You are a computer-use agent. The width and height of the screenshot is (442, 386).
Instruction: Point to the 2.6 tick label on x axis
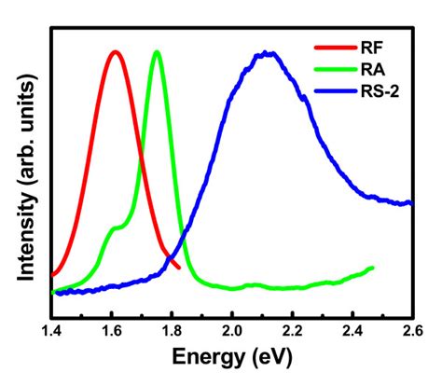click(411, 327)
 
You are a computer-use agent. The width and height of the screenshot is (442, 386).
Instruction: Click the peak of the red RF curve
click(116, 52)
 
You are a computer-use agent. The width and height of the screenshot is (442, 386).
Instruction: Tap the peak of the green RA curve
click(157, 52)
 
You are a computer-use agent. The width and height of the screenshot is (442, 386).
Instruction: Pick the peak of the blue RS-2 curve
click(269, 53)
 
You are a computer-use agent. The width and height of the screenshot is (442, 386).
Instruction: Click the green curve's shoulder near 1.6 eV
click(116, 227)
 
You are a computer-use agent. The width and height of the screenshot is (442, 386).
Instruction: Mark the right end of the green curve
click(373, 269)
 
